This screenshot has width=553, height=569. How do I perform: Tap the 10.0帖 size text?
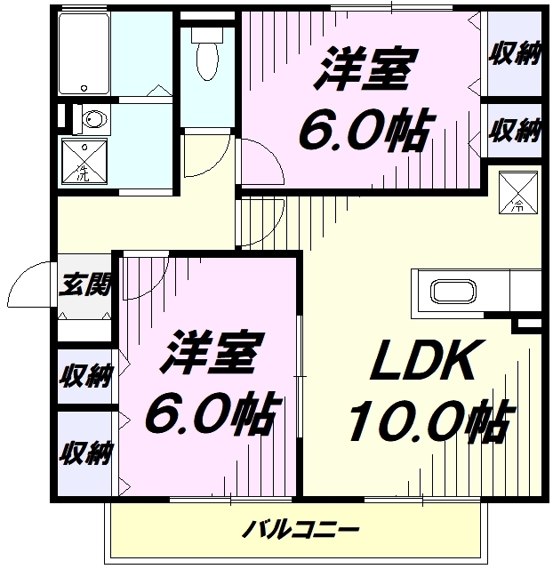429,421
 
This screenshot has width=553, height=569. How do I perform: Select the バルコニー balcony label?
301,532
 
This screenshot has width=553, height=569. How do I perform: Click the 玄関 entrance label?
85,285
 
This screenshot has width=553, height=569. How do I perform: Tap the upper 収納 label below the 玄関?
85,375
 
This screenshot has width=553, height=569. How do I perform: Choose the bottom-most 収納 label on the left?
85,453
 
